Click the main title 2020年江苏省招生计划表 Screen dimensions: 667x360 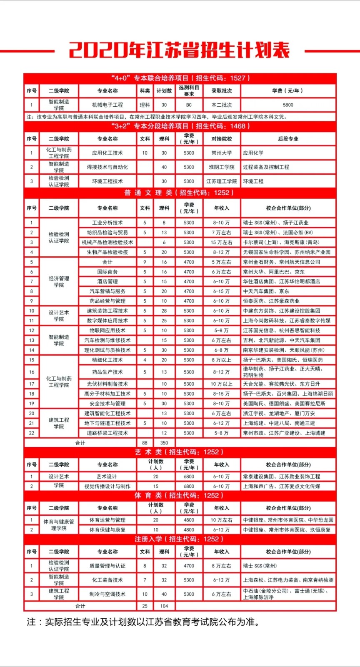180,50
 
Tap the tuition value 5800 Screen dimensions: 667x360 288,105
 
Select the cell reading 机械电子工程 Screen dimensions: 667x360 107,105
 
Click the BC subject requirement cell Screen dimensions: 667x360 189,105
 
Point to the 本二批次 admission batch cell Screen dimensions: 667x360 222,105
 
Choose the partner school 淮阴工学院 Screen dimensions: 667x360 222,167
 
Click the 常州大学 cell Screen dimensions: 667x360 222,153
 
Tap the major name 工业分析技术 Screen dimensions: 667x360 107,223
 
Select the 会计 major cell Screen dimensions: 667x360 107,262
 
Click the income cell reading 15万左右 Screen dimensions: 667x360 222,243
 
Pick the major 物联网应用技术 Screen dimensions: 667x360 107,331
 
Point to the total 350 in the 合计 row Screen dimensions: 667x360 164,443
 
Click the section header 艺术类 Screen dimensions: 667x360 180,452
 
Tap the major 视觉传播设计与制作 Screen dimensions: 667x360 107,486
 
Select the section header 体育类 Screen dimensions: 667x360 180,496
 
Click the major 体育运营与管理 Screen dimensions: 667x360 107,520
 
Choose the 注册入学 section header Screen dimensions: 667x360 180,539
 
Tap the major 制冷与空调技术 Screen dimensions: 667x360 107,594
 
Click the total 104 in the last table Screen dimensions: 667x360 164,606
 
